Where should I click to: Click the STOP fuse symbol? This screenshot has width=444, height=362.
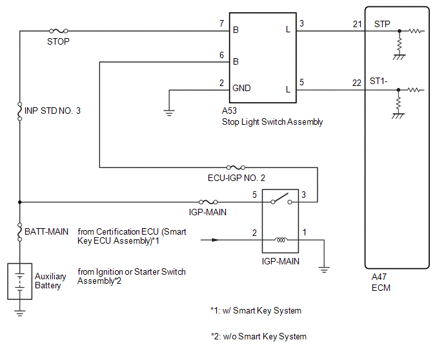point(58,30)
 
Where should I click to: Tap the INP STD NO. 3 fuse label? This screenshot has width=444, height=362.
point(52,111)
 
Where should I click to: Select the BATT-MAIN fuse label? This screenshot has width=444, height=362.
point(46,231)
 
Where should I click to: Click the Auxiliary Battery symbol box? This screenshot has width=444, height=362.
point(19,281)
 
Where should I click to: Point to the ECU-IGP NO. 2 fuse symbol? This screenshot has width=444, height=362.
point(236,167)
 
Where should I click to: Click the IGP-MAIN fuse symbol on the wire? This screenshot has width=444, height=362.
point(208,202)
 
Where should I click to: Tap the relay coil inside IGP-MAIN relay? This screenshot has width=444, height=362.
point(281,240)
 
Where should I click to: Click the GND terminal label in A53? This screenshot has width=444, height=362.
point(241,88)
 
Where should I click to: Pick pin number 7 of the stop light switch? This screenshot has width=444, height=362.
point(222,23)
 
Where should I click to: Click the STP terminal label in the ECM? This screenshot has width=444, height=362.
point(382,24)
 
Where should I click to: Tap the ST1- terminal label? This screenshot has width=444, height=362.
point(379,81)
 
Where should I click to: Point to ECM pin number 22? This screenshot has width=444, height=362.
point(357,83)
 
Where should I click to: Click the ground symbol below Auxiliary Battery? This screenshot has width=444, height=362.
point(19,314)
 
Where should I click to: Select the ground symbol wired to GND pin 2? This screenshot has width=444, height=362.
point(169,113)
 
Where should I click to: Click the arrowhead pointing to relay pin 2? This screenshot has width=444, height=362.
point(216,240)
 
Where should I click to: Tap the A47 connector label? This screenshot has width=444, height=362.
point(379,277)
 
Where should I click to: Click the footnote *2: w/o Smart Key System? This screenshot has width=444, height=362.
point(259,337)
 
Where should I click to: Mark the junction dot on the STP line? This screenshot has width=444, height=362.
point(399,31)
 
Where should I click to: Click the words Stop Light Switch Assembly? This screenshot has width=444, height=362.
point(272,122)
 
